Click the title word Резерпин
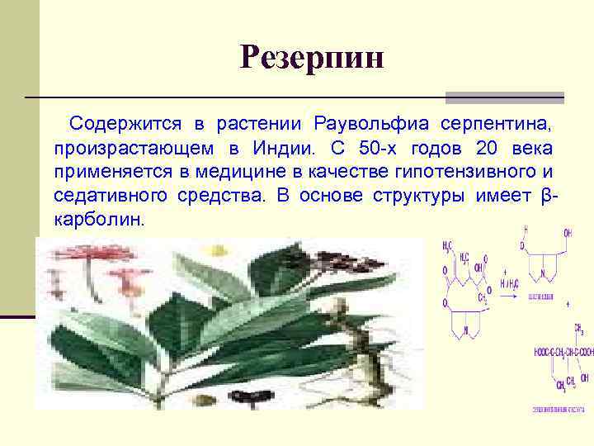tap(313, 58)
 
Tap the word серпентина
tap(495, 125)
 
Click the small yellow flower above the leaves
tap(218, 250)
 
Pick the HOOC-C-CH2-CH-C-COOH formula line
tap(563, 352)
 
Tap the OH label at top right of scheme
tap(567, 232)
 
